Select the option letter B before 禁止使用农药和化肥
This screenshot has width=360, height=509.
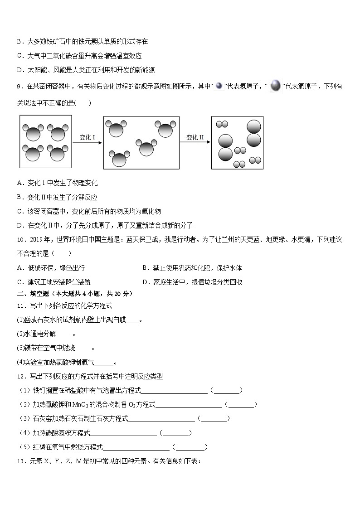point(144,268)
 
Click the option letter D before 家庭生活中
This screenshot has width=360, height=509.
point(144,282)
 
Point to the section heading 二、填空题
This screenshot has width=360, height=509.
point(34,294)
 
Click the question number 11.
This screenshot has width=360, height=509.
point(20,305)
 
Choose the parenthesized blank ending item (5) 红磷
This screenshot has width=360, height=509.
point(191,447)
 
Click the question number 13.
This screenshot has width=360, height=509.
point(20,461)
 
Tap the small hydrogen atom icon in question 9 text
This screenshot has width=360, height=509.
point(219,86)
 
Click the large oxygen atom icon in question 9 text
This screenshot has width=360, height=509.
point(275,86)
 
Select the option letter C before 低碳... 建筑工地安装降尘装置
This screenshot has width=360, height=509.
point(19,282)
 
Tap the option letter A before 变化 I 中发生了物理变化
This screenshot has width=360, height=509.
point(19,183)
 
